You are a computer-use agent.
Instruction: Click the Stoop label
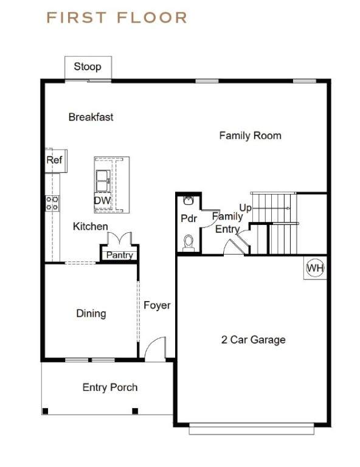[x=88, y=66]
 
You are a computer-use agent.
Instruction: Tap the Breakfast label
[x=91, y=117]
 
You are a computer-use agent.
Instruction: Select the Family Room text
[x=250, y=136]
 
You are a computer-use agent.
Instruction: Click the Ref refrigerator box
[x=56, y=161]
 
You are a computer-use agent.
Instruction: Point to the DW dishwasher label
[x=102, y=200]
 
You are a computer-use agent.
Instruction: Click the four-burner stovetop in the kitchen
[x=52, y=203]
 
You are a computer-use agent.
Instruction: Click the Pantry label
[x=119, y=255]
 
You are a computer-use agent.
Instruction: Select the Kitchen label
[x=91, y=226]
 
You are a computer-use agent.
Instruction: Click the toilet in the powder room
[x=189, y=243]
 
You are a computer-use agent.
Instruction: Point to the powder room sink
[x=188, y=201]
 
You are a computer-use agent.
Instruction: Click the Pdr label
[x=189, y=218]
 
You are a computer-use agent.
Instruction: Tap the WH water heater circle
[x=316, y=268]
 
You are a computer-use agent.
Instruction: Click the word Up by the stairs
[x=245, y=207]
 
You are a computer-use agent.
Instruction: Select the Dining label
[x=91, y=313]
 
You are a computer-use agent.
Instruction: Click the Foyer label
[x=157, y=305]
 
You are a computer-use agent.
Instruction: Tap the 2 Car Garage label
[x=254, y=339]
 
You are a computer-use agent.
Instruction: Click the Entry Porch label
[x=110, y=387]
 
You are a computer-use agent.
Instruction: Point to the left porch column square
[x=45, y=411]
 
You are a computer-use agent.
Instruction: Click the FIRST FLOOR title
[x=117, y=18]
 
